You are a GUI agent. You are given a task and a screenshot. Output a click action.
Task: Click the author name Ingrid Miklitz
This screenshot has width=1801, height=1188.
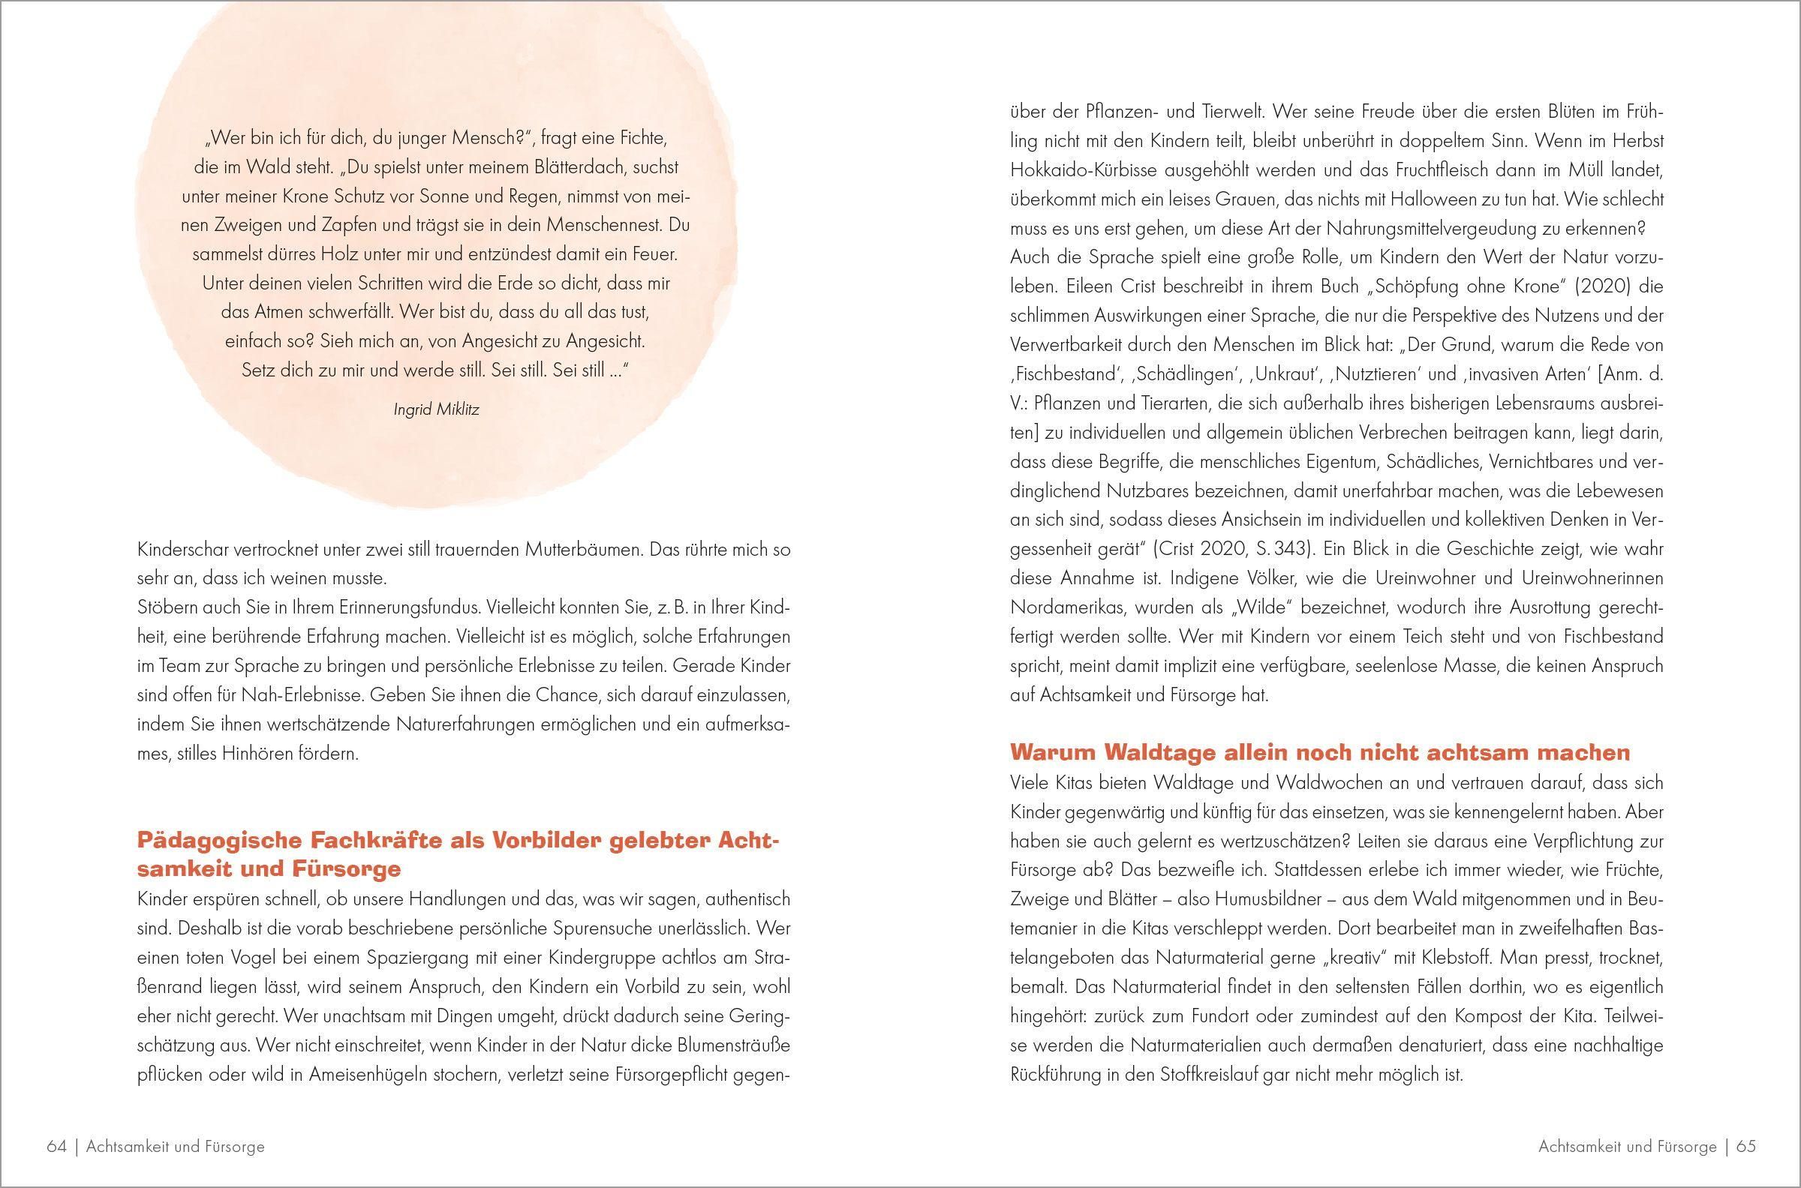pos(436,410)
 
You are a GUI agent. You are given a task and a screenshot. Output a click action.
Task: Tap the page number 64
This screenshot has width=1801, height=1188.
pos(57,1146)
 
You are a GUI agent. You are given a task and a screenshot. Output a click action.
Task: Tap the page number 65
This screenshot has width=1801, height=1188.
pos(1745,1146)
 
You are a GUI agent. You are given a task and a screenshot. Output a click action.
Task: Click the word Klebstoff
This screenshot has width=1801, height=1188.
pos(1479,958)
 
